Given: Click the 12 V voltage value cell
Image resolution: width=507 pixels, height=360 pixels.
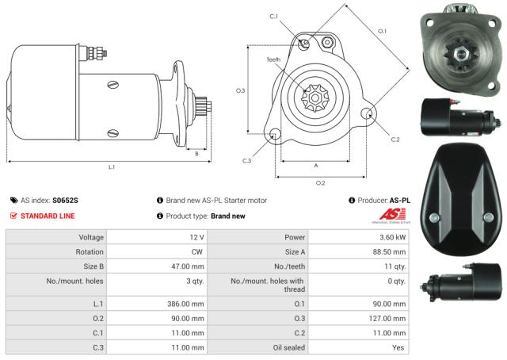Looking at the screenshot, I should (x=196, y=238).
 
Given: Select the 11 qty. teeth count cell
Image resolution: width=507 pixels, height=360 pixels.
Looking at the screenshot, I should (x=394, y=267).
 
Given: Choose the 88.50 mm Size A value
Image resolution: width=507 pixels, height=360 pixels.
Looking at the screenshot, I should (x=389, y=252).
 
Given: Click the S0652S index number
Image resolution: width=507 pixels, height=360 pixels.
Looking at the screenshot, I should (x=66, y=201).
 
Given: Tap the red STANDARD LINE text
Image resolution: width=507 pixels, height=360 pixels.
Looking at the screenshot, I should (x=48, y=216).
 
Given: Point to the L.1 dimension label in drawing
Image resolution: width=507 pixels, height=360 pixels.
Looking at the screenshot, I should (x=112, y=167).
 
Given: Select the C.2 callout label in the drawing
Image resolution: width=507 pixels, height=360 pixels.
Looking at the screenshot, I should (x=395, y=140).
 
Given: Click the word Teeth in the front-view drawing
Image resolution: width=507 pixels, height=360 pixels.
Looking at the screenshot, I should (x=273, y=60).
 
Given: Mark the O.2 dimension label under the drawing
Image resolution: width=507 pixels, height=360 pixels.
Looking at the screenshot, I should (x=320, y=183).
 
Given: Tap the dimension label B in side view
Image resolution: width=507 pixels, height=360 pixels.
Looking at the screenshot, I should (x=196, y=154).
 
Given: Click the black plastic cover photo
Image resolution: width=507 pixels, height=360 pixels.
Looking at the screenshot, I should (x=459, y=199).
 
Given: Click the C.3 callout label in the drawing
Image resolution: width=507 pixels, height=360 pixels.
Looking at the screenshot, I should (x=247, y=161).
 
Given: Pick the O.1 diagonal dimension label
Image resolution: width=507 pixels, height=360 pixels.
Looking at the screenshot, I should (x=382, y=31).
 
